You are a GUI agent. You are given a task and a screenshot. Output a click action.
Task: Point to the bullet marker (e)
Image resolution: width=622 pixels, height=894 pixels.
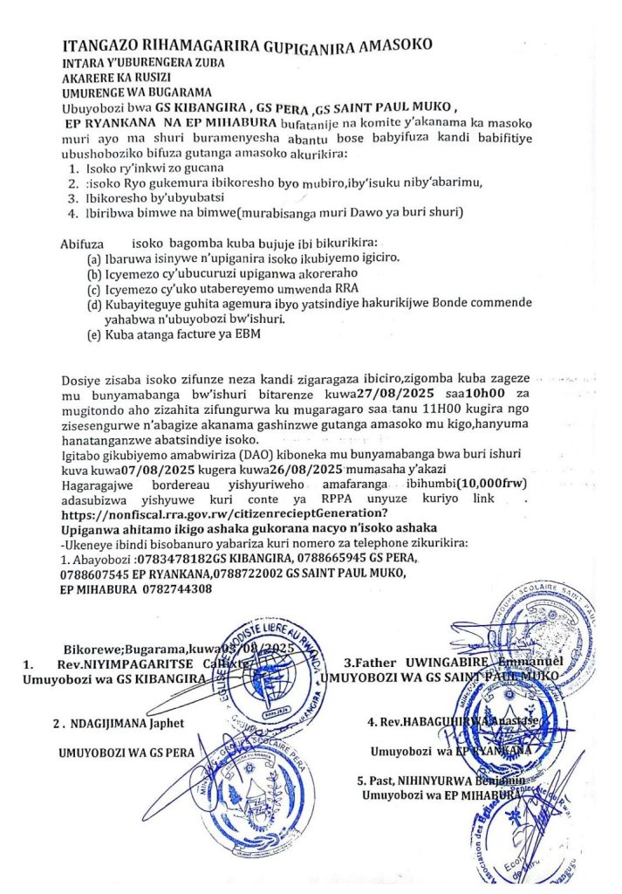(93, 335)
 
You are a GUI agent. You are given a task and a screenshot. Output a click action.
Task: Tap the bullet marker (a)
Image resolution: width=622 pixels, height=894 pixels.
(92, 259)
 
